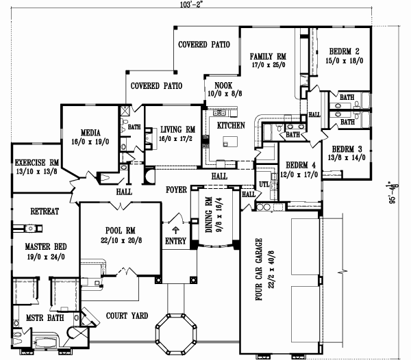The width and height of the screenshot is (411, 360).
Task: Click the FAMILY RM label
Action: [x=268, y=57]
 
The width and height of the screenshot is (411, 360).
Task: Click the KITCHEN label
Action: [x=231, y=127]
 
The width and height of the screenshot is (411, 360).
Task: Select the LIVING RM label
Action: [x=178, y=129]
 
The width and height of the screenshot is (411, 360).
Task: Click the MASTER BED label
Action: [x=45, y=246]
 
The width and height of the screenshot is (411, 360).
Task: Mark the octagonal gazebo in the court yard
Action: [x=174, y=333]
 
